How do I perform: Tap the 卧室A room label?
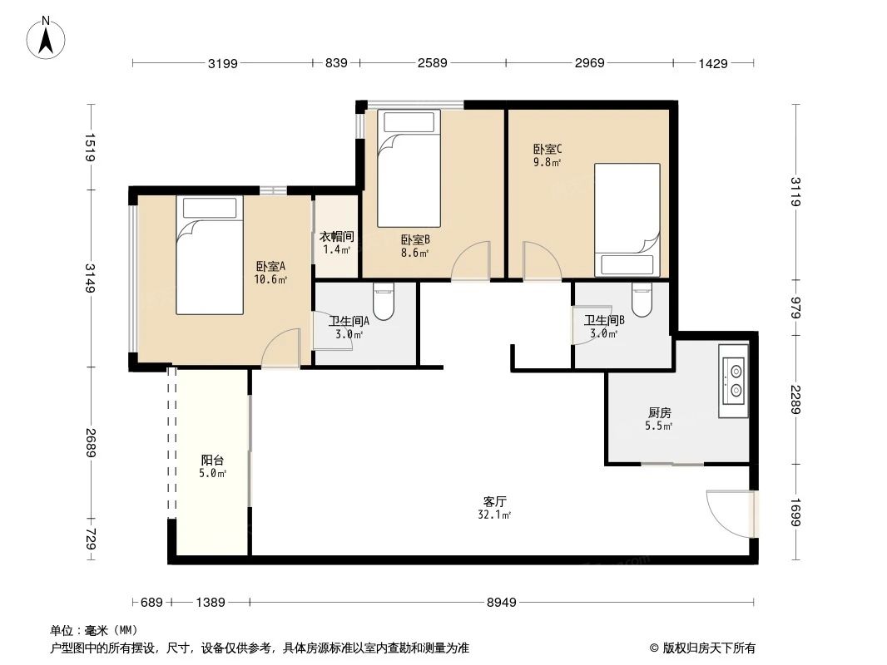[x=270, y=267]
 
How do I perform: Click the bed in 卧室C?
[x=627, y=219]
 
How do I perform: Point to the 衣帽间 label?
[x=336, y=236]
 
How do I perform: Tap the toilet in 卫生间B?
[x=642, y=301]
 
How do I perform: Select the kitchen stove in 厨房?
[x=736, y=380]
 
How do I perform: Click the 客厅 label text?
[x=495, y=502]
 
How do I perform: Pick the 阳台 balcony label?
[x=212, y=460]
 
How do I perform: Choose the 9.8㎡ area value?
[x=548, y=163]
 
